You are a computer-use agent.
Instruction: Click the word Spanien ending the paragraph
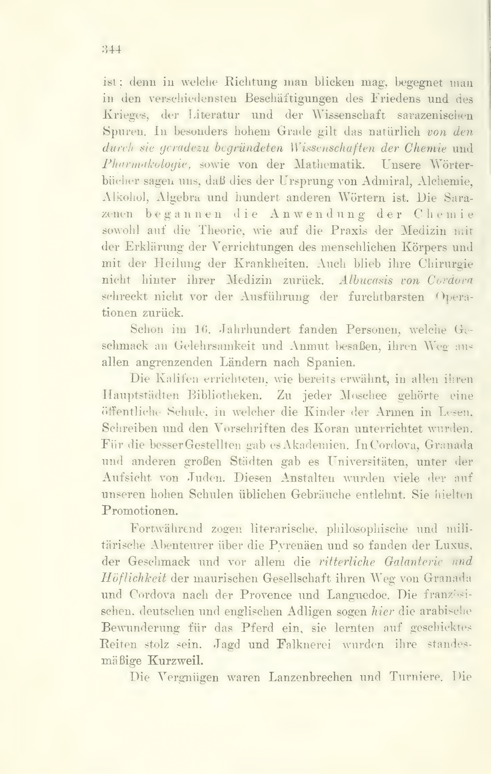pos(331,362)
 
